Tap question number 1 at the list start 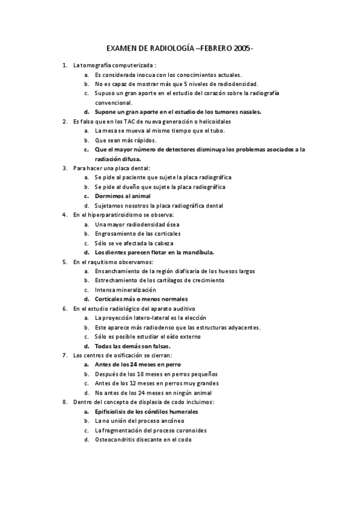click(65, 65)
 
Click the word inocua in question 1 click(143, 75)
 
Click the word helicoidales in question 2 click(214, 121)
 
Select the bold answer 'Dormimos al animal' click(123, 196)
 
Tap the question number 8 click(65, 402)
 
